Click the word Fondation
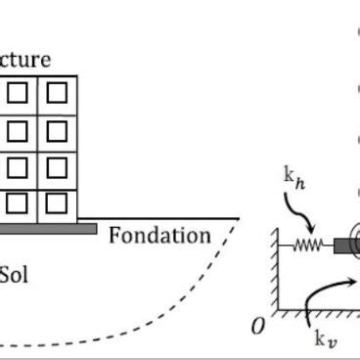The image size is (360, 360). pyautogui.click(x=159, y=236)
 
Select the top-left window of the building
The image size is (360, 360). pyautogui.click(x=18, y=93)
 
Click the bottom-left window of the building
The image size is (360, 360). pyautogui.click(x=18, y=202)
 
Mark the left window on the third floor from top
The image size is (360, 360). pyautogui.click(x=18, y=166)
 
